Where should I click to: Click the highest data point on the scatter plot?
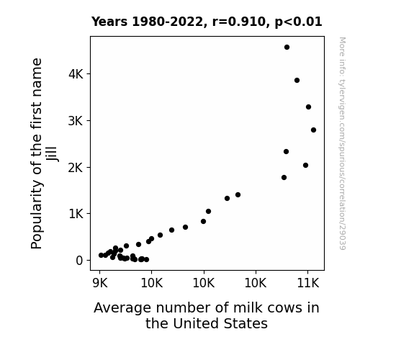click(x=287, y=48)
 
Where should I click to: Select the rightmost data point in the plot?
click(x=313, y=130)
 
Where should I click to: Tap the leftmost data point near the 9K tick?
click(x=101, y=255)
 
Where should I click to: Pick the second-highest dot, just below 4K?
click(x=297, y=81)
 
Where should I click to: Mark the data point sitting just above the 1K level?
click(x=208, y=211)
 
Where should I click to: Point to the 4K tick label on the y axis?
click(x=76, y=74)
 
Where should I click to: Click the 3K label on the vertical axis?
click(x=76, y=121)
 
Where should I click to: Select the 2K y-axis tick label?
click(x=76, y=168)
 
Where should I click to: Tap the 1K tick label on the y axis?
click(x=76, y=214)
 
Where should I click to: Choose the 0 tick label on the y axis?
click(x=79, y=261)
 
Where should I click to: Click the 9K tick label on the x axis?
click(x=100, y=284)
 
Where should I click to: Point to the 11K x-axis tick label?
click(x=308, y=284)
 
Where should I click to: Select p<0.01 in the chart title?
click(x=298, y=22)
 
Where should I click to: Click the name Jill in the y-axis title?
click(x=52, y=153)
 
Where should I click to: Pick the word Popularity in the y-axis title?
click(x=37, y=215)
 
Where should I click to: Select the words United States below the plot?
click(x=220, y=323)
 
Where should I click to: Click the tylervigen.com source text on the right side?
click(x=342, y=144)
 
